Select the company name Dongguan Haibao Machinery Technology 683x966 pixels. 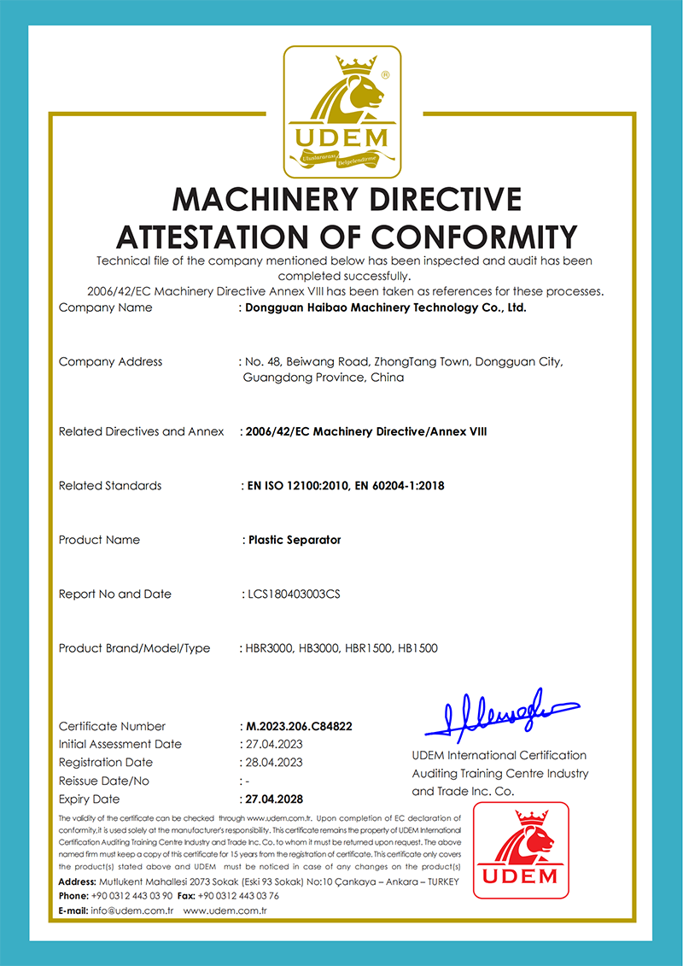pos(385,307)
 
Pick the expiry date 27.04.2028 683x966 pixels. pos(274,799)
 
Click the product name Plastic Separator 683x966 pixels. pos(294,540)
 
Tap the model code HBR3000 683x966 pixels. pos(267,648)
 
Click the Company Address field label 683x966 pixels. pos(110,362)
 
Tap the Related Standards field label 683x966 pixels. pos(110,486)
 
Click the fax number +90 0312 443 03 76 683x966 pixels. pos(238,896)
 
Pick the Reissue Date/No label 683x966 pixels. pos(104,781)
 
